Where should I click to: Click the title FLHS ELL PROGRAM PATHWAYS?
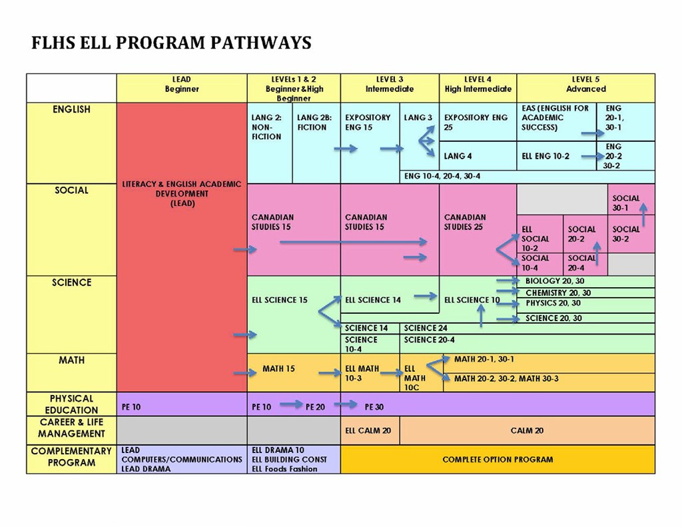(171, 43)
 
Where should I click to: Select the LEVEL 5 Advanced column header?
(585, 85)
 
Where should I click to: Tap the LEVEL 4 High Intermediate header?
(478, 85)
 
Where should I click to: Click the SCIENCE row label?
(71, 282)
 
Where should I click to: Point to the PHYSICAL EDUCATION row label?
(71, 404)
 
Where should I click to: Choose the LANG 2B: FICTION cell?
(312, 123)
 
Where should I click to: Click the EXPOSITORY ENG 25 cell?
(476, 122)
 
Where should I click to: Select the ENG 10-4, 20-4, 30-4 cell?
(442, 177)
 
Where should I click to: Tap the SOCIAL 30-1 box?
(626, 203)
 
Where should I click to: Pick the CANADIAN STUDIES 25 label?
(465, 222)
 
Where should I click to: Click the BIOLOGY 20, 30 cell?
(554, 281)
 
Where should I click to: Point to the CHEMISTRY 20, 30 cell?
(557, 292)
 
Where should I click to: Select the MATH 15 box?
(278, 368)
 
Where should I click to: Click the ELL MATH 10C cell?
(414, 378)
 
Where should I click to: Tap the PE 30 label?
(374, 406)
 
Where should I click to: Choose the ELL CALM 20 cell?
(368, 430)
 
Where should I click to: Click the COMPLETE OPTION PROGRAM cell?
(498, 459)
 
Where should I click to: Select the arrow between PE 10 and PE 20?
(290, 404)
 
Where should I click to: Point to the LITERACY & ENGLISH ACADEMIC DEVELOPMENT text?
(182, 194)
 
